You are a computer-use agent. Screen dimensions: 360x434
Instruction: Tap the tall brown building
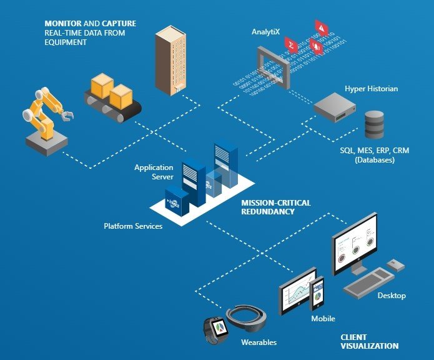(171, 60)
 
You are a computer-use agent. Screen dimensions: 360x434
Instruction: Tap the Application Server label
(154, 172)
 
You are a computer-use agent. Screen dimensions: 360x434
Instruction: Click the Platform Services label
(133, 226)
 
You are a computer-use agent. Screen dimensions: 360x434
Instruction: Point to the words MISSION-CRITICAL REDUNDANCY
(275, 207)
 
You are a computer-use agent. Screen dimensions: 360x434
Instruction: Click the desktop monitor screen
(355, 242)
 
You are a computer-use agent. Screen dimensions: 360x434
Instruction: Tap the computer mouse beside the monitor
(395, 265)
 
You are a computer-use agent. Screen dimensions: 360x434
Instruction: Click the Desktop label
(392, 295)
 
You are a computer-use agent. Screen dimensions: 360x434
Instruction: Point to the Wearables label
(259, 342)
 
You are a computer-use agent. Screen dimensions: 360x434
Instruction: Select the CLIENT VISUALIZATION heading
(369, 341)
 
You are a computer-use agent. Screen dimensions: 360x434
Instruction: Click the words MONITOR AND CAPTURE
(91, 24)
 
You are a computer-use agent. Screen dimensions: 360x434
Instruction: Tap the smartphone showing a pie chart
(317, 292)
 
